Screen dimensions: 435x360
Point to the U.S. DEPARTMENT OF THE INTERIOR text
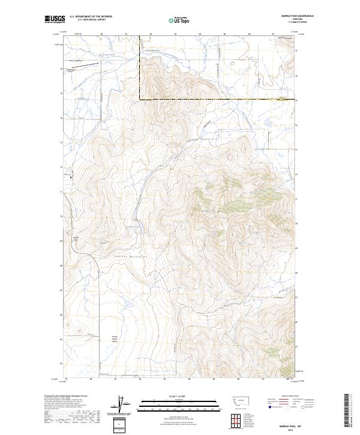pos(91,17)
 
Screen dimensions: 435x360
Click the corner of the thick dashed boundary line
pos(140,99)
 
